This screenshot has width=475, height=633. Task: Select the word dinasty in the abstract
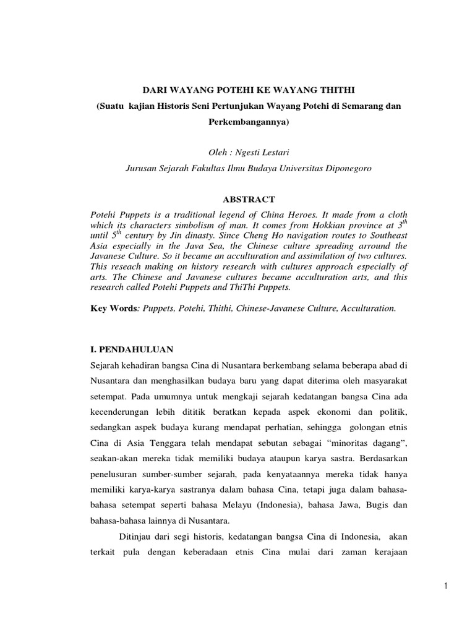click(x=205, y=236)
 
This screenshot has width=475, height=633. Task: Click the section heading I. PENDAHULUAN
click(x=132, y=349)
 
